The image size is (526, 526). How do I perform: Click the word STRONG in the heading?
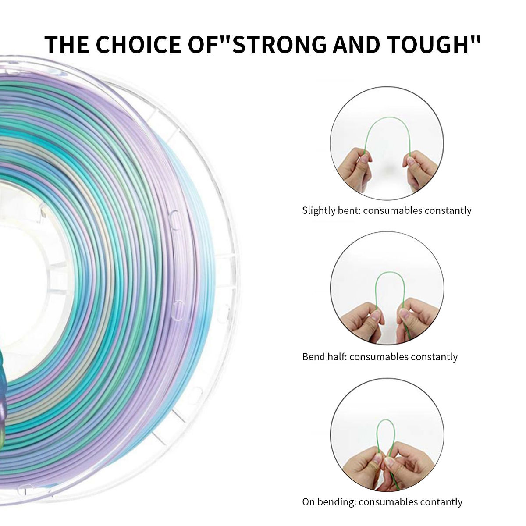281,44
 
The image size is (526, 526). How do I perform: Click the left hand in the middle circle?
360,322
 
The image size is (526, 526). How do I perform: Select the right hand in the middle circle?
418,320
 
